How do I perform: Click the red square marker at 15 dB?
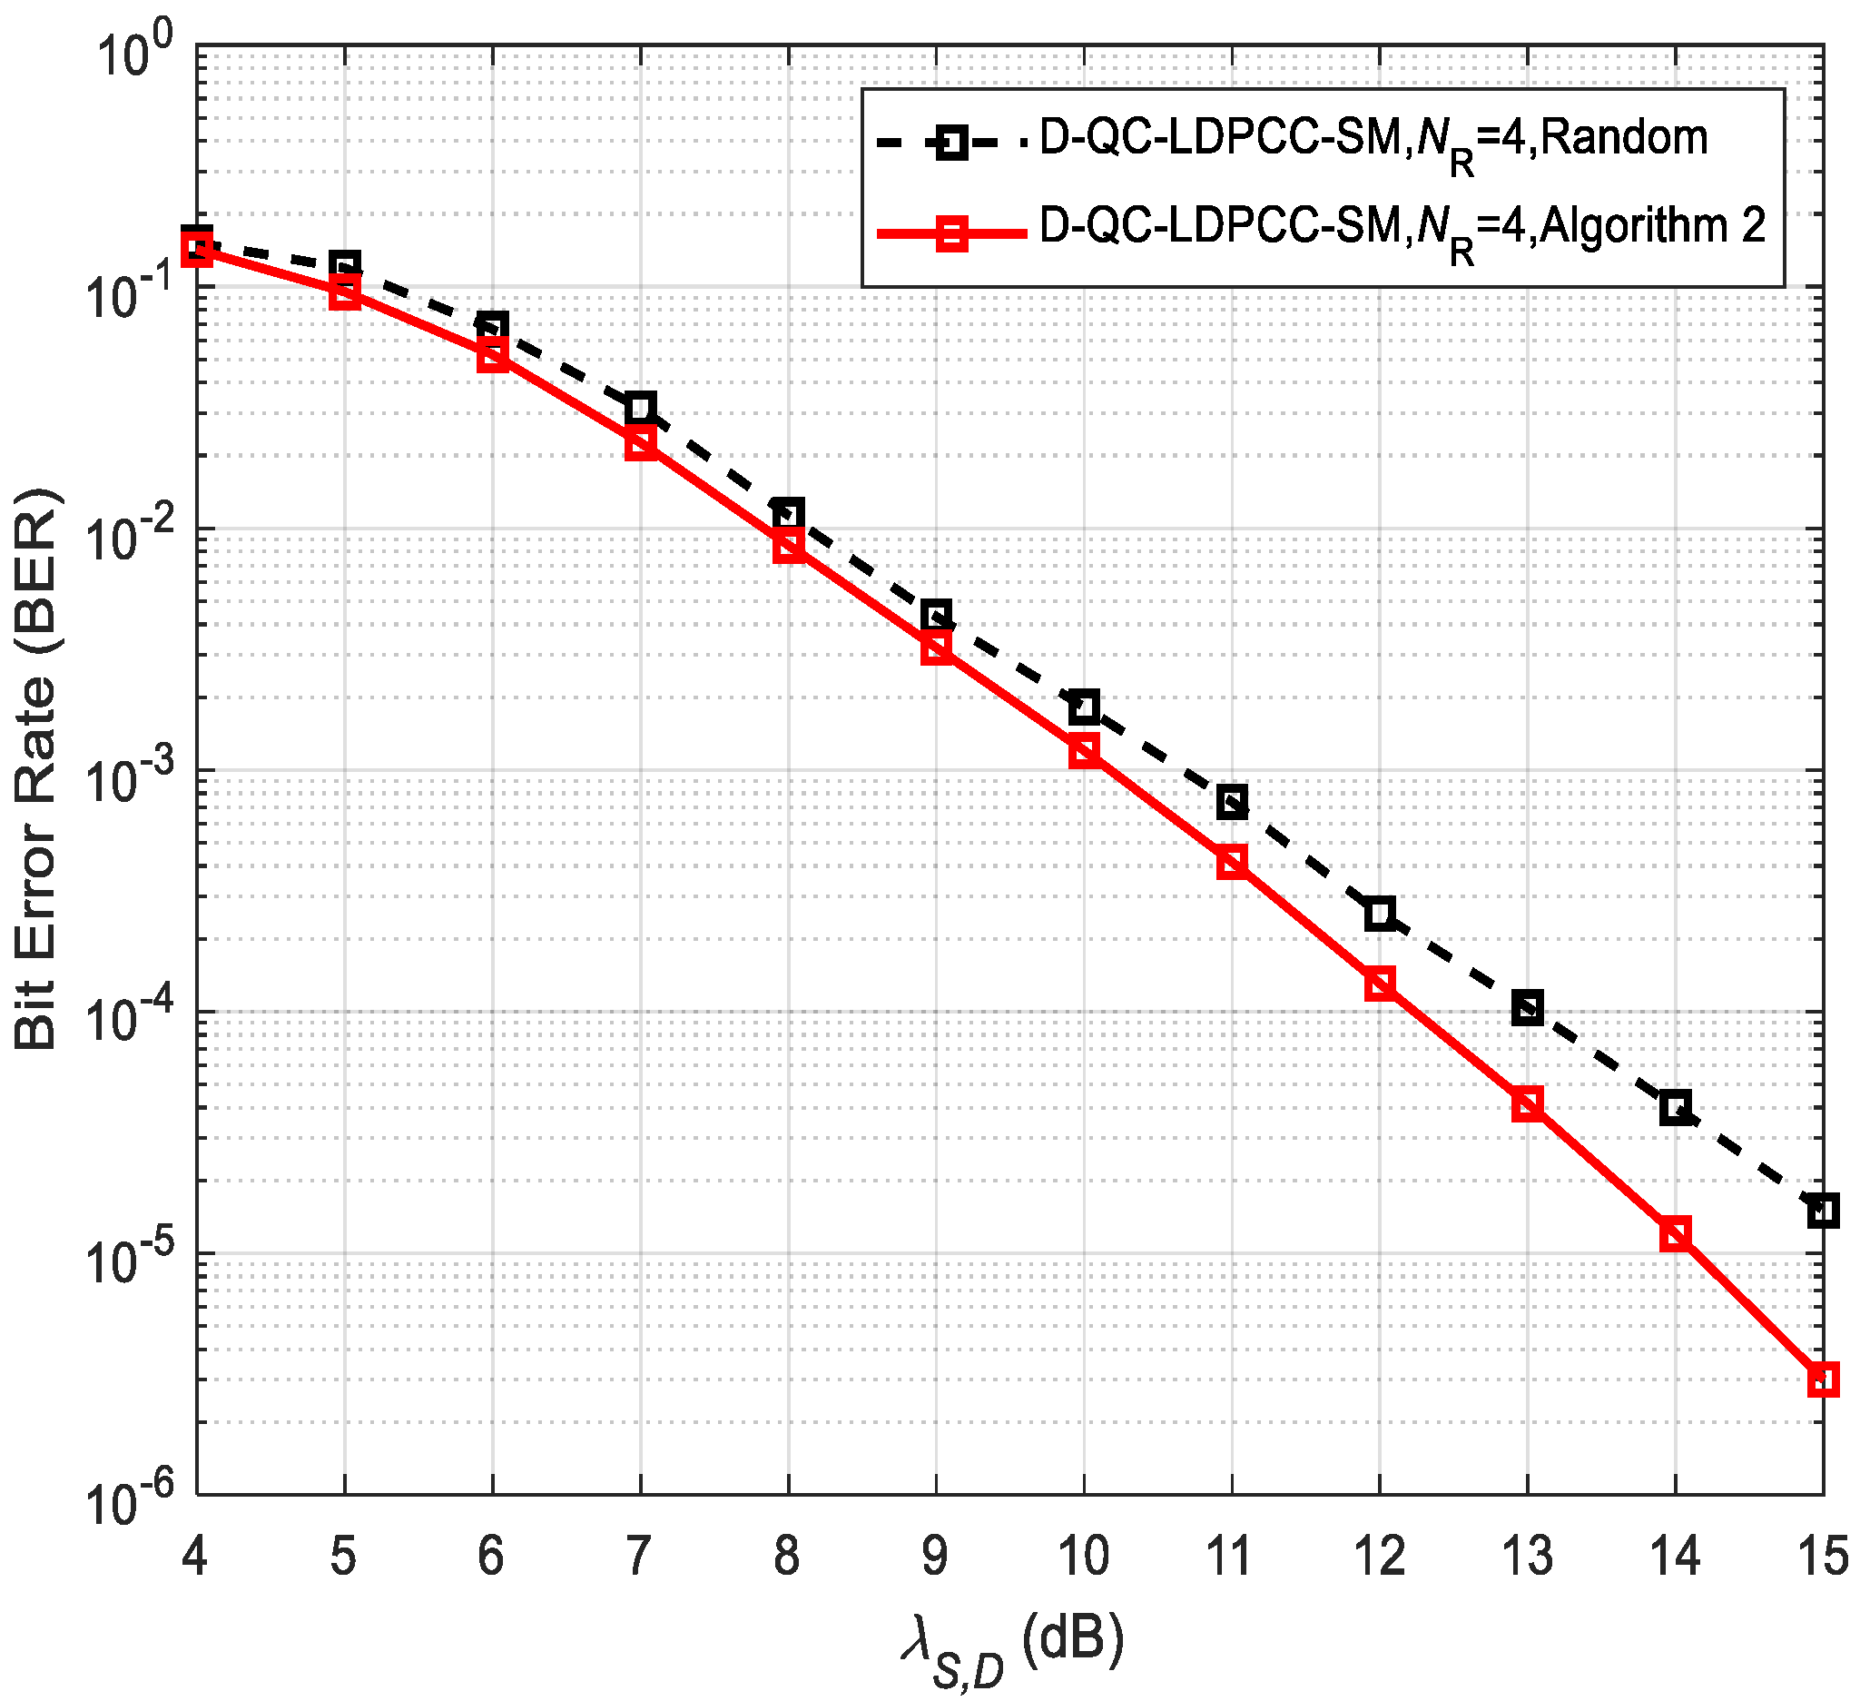coord(1822,1380)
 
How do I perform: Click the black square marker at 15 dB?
coord(1822,1210)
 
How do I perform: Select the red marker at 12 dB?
coord(1379,984)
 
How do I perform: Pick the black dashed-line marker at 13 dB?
coord(1527,1008)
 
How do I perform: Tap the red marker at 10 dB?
coord(1084,751)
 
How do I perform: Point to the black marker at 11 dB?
coord(1232,801)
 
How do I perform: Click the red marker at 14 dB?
coord(1675,1234)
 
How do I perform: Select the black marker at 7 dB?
coord(640,407)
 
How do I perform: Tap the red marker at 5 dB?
coord(344,293)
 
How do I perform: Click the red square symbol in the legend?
coord(951,233)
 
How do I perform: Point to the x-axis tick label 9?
coord(935,1556)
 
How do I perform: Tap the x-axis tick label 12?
coord(1379,1556)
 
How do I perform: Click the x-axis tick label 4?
coord(193,1556)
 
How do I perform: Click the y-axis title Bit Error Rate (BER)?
coord(37,770)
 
